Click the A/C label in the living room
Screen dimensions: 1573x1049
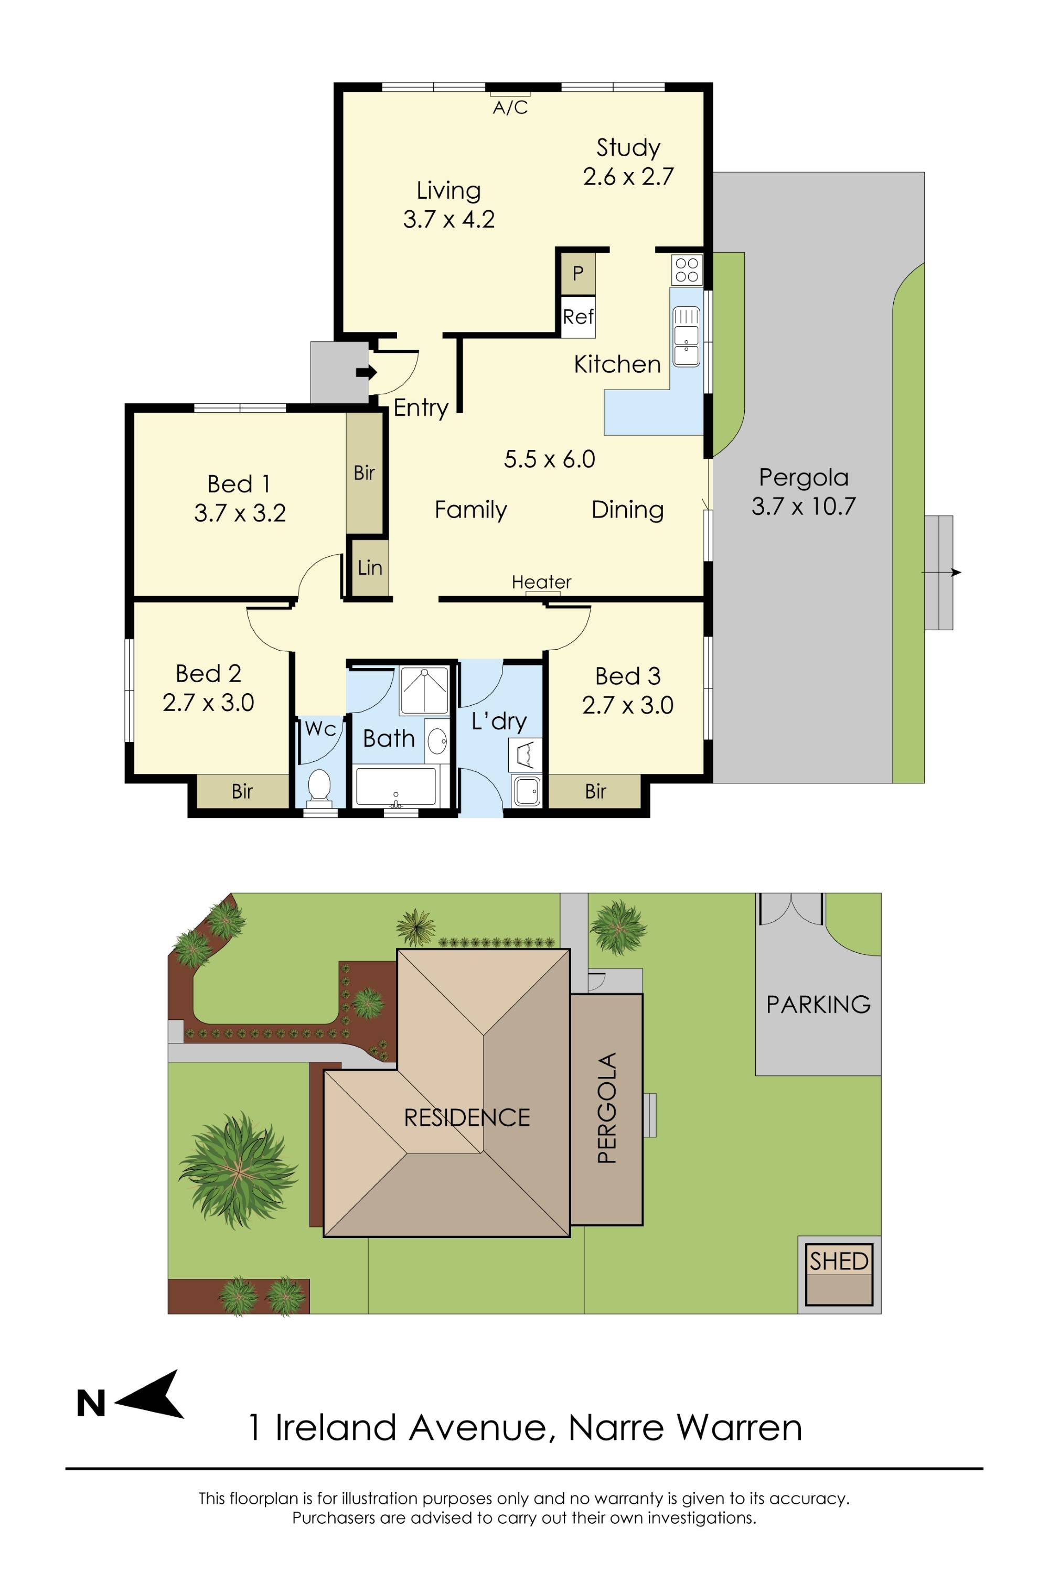510,107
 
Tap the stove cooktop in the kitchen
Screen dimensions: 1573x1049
687,271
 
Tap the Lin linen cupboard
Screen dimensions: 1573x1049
370,568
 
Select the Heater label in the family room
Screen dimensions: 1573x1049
541,582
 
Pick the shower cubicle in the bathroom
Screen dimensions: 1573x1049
424,690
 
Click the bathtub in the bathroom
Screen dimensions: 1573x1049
396,786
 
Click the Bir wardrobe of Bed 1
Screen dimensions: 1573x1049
364,473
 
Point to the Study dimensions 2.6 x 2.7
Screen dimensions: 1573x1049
627,177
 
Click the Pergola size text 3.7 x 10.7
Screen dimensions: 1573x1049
803,507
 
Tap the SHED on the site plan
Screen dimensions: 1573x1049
838,1262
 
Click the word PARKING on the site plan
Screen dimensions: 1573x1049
818,1004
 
